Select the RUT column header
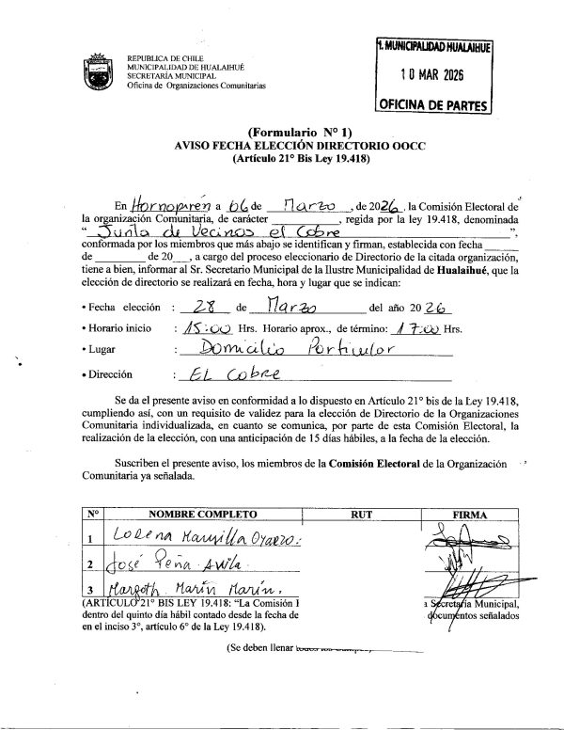(362, 516)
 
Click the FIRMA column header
(467, 516)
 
